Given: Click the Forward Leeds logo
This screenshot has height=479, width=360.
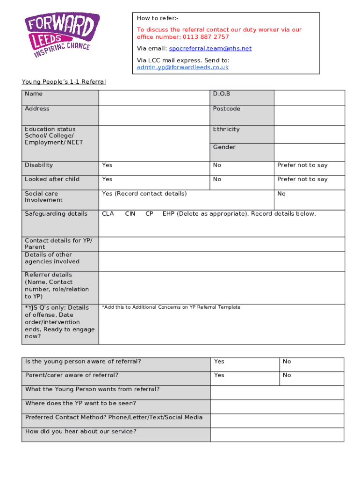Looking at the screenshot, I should point(62,35).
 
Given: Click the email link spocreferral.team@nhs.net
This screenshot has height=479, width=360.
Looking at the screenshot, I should point(210,49).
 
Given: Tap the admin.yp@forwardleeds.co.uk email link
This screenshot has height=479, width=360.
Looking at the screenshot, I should point(182,67).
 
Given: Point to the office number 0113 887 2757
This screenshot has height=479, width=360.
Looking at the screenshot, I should point(206,37).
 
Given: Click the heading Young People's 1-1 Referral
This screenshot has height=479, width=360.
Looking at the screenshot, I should point(64,82).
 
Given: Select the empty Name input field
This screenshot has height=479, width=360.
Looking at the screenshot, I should point(154,97).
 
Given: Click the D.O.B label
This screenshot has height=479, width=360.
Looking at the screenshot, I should point(222,94).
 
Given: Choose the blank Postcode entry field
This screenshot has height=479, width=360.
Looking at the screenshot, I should point(309,115).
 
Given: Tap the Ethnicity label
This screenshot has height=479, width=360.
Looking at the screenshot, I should point(226,129).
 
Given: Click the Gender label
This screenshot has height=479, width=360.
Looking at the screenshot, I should point(224,147).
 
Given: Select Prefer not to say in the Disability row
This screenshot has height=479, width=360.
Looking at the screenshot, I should point(302,165).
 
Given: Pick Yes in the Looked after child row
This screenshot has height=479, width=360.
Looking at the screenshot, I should point(107,179).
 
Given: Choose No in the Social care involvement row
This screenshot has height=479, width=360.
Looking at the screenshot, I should point(281,194).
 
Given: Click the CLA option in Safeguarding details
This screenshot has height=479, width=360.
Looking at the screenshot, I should point(108,214).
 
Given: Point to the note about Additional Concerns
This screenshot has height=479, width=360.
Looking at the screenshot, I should point(171,307).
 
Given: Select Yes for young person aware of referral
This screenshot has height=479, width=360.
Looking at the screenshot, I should point(219,362).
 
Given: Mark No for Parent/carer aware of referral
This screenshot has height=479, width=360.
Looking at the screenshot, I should point(287,375).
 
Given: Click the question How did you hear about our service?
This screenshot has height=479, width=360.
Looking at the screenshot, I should point(81,431).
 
